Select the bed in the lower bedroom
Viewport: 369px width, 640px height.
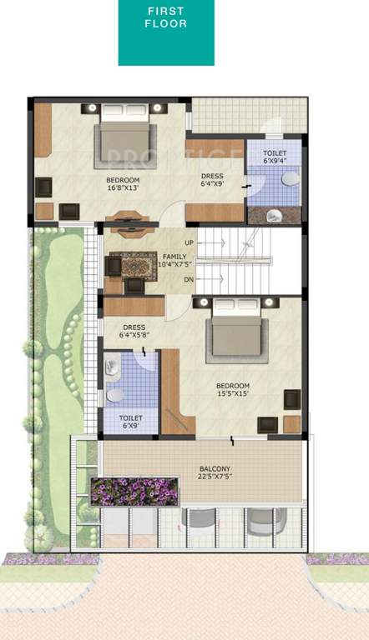237,332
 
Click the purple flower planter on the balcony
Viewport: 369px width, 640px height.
134,492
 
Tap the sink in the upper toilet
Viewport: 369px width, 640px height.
290,178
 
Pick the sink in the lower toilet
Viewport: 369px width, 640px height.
114,394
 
